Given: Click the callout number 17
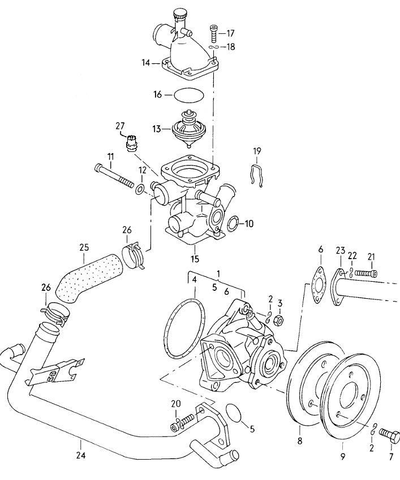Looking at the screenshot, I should pyautogui.click(x=231, y=33).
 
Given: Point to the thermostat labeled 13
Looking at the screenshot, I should pyautogui.click(x=187, y=129).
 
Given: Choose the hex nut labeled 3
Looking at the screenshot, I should pyautogui.click(x=278, y=320).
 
